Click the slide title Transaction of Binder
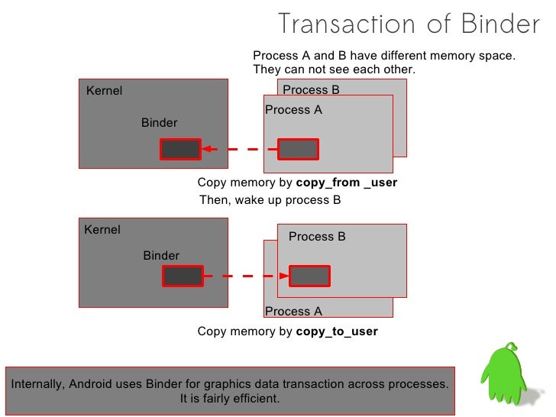coord(409,24)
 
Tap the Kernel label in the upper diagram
coord(104,91)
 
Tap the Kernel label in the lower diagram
coord(102,230)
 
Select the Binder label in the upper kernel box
coord(159,123)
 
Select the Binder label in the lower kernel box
coord(161,256)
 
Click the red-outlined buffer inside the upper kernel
coord(180,149)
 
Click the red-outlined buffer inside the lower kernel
coord(183,276)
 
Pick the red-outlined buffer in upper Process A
coord(297,149)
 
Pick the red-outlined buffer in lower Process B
coord(309,276)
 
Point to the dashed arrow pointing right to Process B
coord(246,276)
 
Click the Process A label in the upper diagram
coord(293,110)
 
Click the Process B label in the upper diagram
coord(311,89)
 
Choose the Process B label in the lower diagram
coord(317,237)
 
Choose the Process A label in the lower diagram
coord(293,312)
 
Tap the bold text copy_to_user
coord(336,332)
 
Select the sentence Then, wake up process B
coord(269,201)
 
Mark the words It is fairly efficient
coord(230,399)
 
